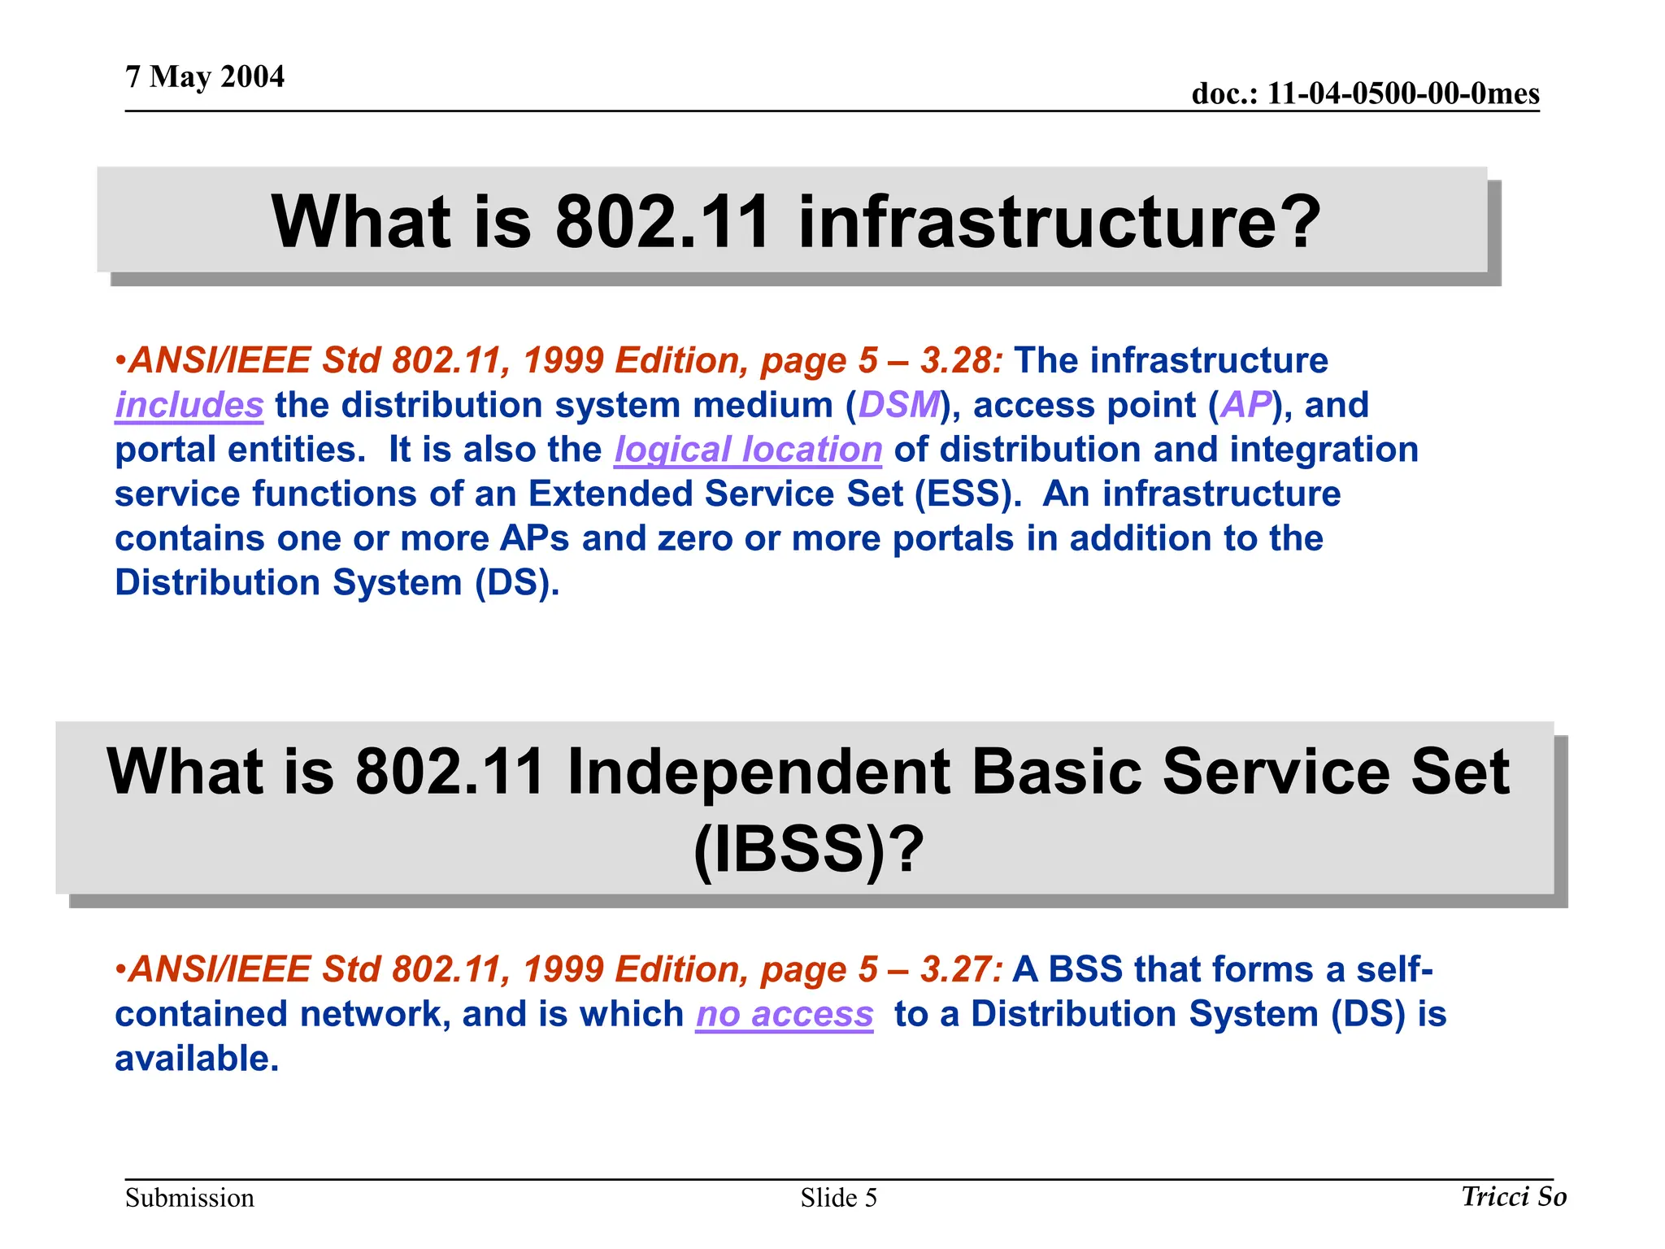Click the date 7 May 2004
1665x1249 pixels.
point(205,77)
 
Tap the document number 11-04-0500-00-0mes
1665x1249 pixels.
point(1402,94)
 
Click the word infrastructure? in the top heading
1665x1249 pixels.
point(1059,221)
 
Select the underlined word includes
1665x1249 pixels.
point(189,405)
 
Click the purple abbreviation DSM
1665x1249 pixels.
point(898,405)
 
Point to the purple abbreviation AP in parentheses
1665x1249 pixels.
point(1245,405)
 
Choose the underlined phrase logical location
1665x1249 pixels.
point(748,450)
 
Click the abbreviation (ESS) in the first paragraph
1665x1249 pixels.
point(967,494)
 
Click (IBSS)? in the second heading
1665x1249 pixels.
point(809,849)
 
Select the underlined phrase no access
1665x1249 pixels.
point(785,1014)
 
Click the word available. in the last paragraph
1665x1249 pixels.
point(197,1059)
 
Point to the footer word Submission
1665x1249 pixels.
point(189,1198)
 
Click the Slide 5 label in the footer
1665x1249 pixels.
point(838,1198)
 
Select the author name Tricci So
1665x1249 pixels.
point(1514,1196)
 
